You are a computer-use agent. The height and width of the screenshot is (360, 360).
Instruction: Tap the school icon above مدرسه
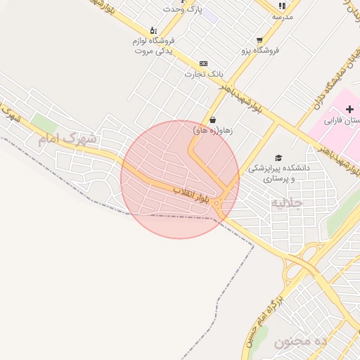[x=283, y=6]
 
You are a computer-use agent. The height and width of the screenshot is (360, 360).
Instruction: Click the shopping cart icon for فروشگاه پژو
[x=259, y=40]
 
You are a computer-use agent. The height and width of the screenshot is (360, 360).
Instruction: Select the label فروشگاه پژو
[x=260, y=51]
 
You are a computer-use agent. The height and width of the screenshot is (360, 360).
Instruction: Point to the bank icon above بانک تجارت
[x=203, y=63]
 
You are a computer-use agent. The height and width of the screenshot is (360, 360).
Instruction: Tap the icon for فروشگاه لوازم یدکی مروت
[x=153, y=31]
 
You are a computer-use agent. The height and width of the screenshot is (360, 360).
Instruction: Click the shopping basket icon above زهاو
[x=212, y=120]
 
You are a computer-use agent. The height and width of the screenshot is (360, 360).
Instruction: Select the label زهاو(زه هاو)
[x=212, y=130]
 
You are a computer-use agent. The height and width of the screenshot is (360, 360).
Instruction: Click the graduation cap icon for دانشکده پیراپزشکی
[x=278, y=158]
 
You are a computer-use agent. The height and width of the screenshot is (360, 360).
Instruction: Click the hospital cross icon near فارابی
[x=349, y=109]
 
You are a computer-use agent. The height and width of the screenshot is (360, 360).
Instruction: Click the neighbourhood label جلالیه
[x=287, y=203]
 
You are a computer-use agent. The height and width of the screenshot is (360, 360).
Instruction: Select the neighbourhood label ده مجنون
[x=300, y=342]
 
